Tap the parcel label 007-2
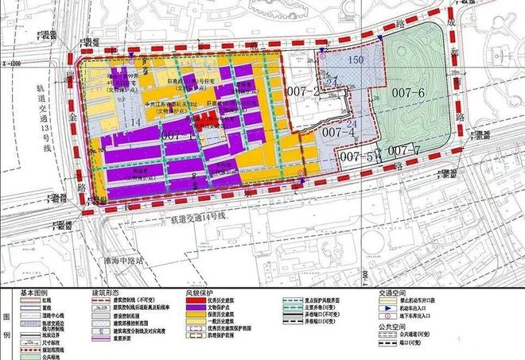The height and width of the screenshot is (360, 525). pyautogui.click(x=303, y=94)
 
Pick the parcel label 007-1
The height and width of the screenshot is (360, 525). pyautogui.click(x=181, y=136)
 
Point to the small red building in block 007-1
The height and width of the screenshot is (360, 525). pyautogui.click(x=205, y=122)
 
